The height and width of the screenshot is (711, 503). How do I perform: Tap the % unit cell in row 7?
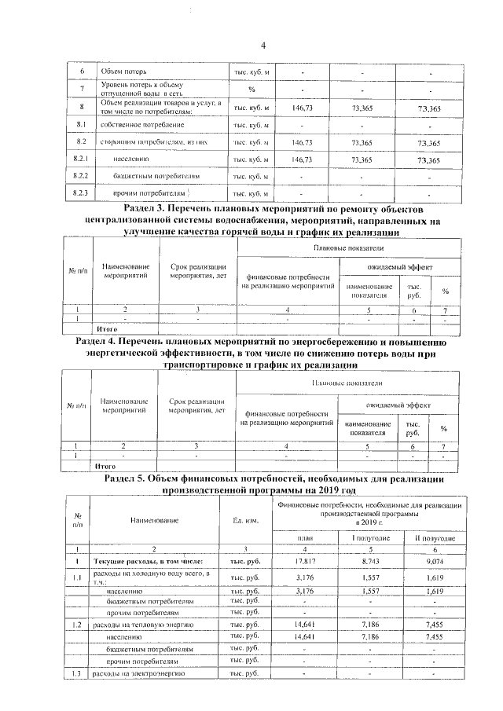coord(251,89)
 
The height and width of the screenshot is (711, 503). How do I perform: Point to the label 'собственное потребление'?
coord(142,125)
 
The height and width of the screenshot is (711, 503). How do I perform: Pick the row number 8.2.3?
coord(80,193)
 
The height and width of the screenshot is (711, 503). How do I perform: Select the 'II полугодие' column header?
coord(434,538)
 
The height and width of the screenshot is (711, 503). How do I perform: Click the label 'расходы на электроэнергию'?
coord(138,674)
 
